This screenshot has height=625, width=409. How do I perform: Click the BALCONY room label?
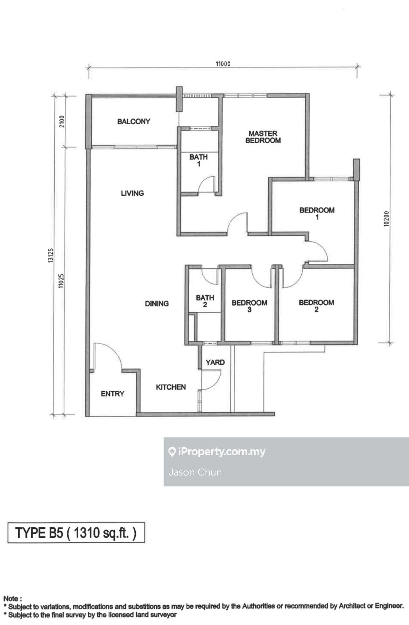click(x=134, y=121)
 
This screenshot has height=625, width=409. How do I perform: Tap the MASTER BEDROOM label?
click(x=263, y=137)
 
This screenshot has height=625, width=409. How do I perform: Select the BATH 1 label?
click(x=199, y=160)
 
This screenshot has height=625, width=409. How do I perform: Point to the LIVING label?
click(x=132, y=193)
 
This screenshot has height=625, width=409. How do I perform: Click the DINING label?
click(x=157, y=303)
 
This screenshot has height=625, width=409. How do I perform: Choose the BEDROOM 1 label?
click(x=317, y=213)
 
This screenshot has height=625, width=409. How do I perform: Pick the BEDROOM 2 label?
click(x=316, y=306)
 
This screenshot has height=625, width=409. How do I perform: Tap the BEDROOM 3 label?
click(x=249, y=306)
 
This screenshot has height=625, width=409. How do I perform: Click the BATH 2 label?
click(x=205, y=301)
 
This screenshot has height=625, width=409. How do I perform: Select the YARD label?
click(x=215, y=362)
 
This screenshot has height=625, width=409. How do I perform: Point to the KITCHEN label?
click(x=171, y=387)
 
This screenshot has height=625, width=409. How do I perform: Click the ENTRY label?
click(x=113, y=394)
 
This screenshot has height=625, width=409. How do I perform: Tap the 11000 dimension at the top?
click(x=223, y=64)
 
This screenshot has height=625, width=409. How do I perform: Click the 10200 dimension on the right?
click(x=386, y=219)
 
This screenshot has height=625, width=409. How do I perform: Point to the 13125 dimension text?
click(x=51, y=255)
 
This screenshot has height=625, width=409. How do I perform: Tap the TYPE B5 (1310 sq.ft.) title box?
click(x=76, y=533)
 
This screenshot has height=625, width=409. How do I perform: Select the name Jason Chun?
click(x=195, y=472)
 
